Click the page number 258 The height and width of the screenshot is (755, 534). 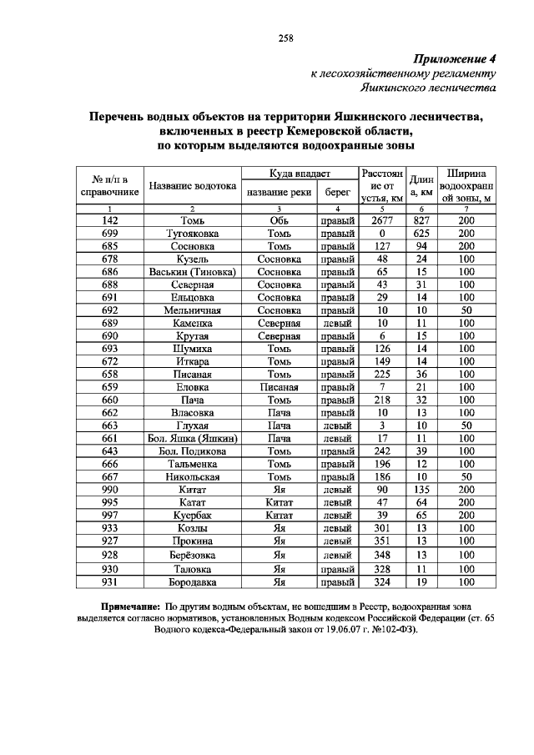pyautogui.click(x=284, y=38)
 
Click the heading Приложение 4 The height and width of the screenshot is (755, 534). pyautogui.click(x=455, y=60)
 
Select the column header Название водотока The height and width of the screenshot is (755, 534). pyautogui.click(x=193, y=186)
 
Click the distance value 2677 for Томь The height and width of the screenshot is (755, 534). pyautogui.click(x=381, y=219)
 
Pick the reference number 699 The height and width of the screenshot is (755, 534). pyautogui.click(x=109, y=233)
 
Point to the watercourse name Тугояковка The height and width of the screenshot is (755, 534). pyautogui.click(x=193, y=233)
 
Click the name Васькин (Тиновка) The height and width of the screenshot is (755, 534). pyautogui.click(x=193, y=271)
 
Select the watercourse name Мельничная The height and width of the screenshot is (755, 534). pyautogui.click(x=193, y=310)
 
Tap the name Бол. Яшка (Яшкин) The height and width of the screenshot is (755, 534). pyautogui.click(x=193, y=438)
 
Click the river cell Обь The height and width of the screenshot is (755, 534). pyautogui.click(x=279, y=219)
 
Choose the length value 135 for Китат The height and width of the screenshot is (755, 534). pyautogui.click(x=421, y=490)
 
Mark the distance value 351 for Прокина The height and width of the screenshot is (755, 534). pyautogui.click(x=381, y=541)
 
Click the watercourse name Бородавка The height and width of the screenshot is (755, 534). pyautogui.click(x=193, y=581)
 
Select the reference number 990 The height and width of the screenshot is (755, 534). pyautogui.click(x=109, y=490)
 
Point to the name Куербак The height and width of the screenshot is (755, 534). pyautogui.click(x=193, y=516)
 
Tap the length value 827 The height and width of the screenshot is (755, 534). pyautogui.click(x=421, y=219)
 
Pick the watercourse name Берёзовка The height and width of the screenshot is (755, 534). pyautogui.click(x=193, y=555)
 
